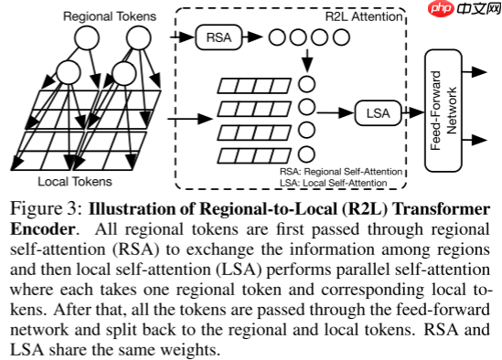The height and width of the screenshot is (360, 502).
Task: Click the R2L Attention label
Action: click(365, 15)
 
